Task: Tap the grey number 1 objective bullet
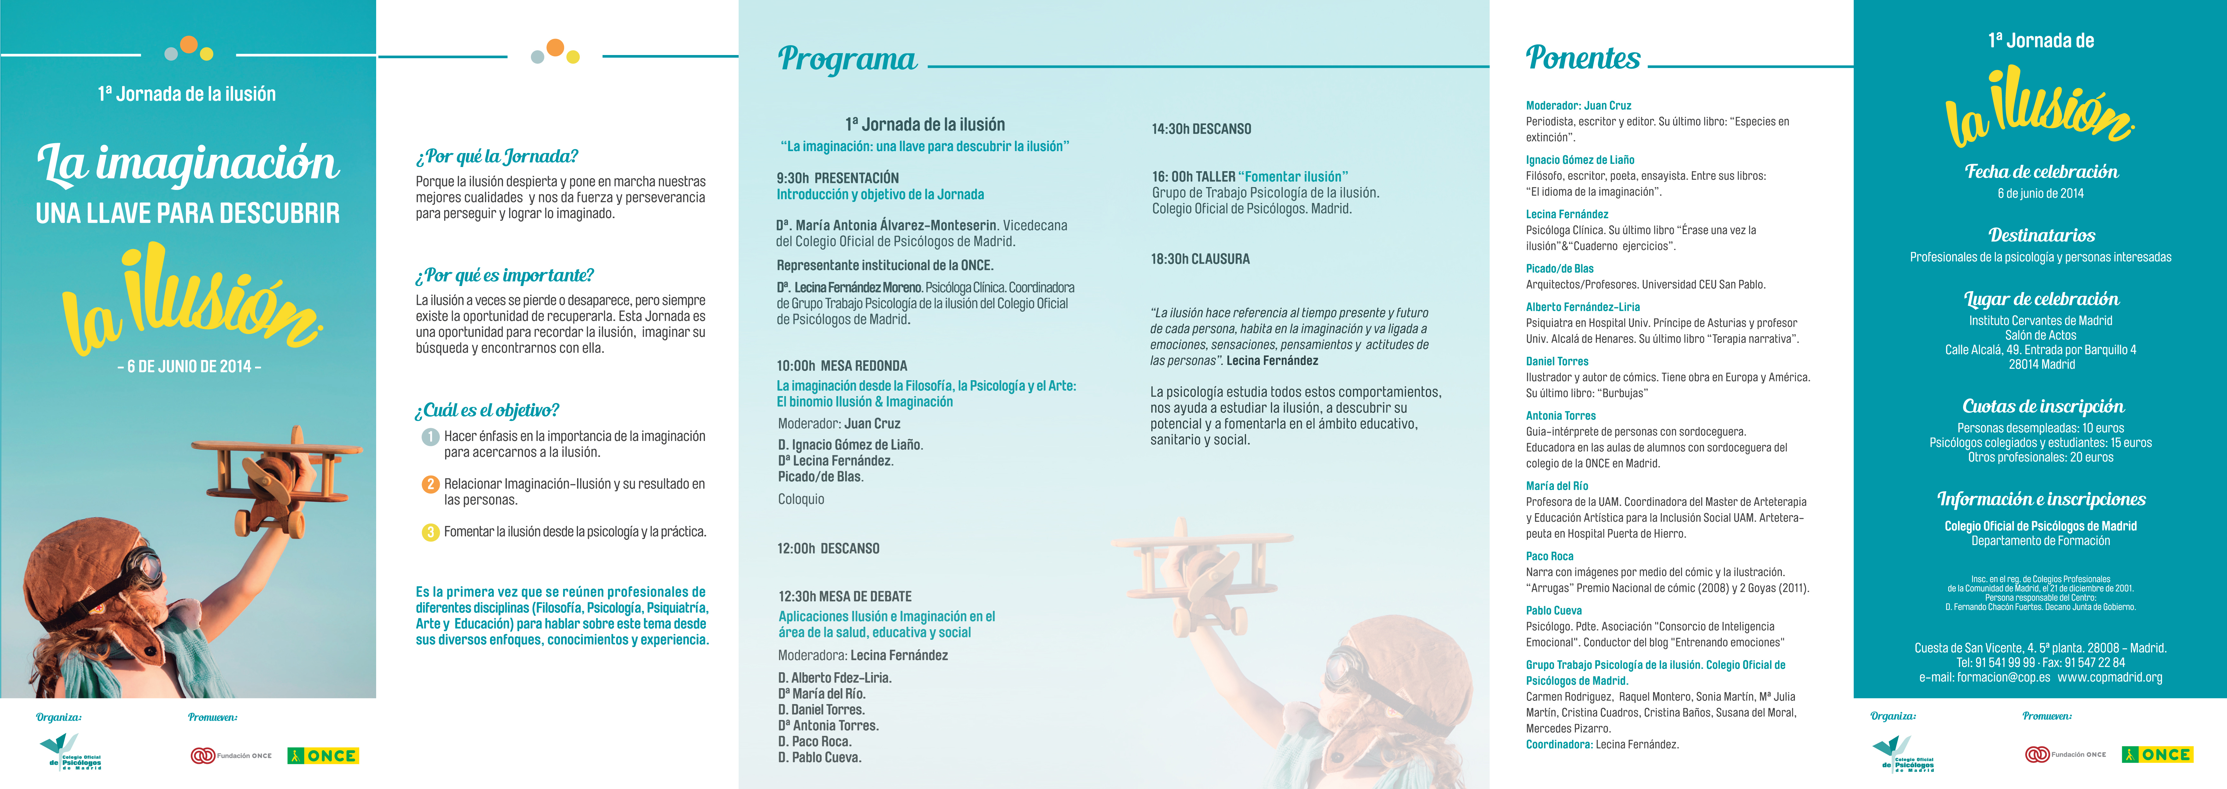point(430,437)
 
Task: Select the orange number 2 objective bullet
point(430,485)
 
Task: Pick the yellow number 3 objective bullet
point(430,532)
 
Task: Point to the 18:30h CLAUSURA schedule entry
point(1200,259)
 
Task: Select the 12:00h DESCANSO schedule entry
point(828,548)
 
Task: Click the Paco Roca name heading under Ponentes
point(1549,556)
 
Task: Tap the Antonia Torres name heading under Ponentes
point(1561,415)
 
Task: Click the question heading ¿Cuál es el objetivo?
point(487,410)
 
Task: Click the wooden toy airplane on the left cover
point(277,480)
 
